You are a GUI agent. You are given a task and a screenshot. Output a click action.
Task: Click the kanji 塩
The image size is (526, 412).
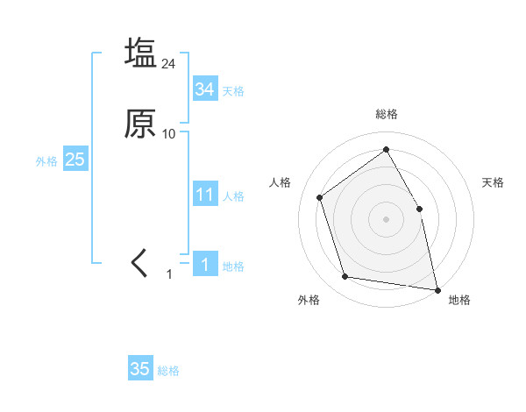click(141, 53)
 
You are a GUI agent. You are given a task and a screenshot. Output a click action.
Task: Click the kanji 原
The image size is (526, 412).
click(141, 124)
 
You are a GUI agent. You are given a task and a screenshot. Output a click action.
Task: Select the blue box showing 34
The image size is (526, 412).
click(205, 89)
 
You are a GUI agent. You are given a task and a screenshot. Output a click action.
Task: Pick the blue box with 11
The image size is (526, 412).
click(205, 195)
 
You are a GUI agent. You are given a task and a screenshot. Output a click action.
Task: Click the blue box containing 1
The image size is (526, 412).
click(205, 265)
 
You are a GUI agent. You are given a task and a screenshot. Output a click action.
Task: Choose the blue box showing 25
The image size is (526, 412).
click(75, 160)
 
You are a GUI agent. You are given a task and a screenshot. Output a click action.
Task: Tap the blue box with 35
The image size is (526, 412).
click(140, 369)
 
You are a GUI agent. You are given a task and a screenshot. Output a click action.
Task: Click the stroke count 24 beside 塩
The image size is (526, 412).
click(169, 64)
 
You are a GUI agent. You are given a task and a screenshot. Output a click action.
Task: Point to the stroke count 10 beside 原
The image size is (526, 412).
click(169, 134)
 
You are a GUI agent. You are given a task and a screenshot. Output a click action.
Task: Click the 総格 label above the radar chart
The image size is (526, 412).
click(386, 114)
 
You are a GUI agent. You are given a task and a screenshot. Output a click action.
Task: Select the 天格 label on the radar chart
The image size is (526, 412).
click(493, 182)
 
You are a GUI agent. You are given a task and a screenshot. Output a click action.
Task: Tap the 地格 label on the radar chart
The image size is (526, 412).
click(459, 300)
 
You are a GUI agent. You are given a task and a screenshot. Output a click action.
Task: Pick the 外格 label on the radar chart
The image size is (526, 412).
click(309, 300)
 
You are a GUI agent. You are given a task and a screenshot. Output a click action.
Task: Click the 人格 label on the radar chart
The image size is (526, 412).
click(281, 182)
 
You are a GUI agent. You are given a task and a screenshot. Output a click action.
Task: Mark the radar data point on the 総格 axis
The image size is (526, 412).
click(386, 149)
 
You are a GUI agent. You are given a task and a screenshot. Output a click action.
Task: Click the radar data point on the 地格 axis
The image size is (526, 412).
click(437, 289)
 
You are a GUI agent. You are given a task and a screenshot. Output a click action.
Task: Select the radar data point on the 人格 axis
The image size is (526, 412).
click(320, 197)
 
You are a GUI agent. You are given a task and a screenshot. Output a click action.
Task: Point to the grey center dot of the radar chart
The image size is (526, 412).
click(386, 218)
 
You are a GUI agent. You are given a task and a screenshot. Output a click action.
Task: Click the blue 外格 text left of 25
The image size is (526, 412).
click(46, 161)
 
